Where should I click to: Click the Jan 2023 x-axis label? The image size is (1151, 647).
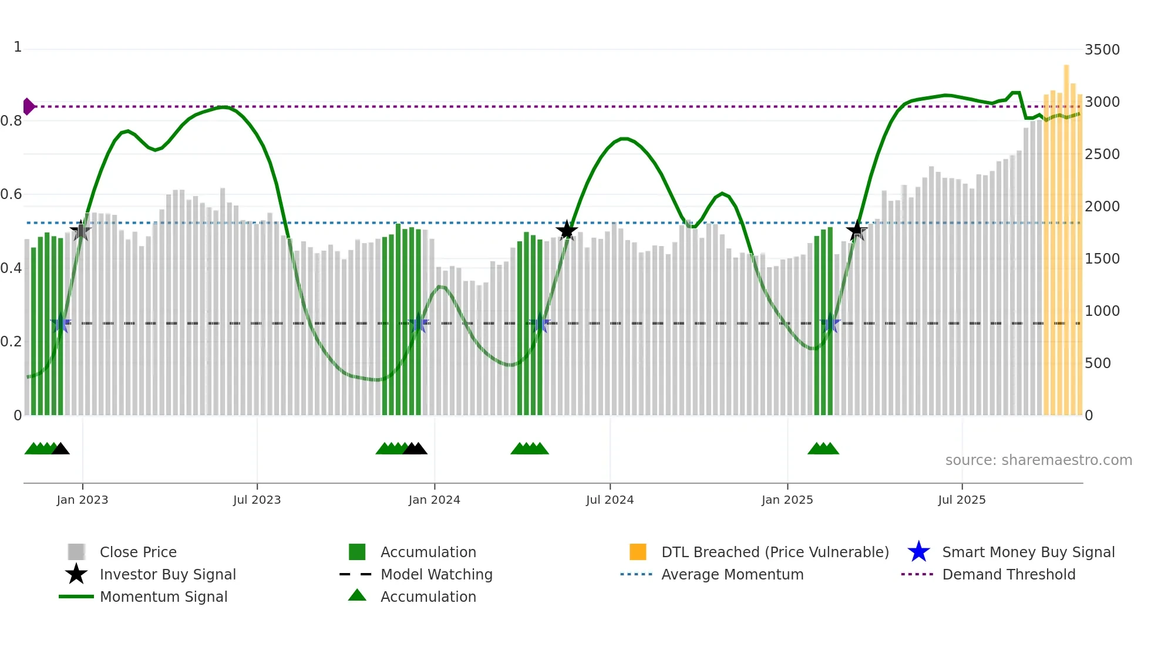click(x=82, y=500)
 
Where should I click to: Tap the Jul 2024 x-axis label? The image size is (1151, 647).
click(x=610, y=500)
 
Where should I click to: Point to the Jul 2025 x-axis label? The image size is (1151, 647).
click(x=961, y=500)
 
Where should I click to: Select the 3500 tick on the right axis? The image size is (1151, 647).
click(x=1102, y=50)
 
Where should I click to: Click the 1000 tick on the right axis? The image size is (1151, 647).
click(x=1102, y=311)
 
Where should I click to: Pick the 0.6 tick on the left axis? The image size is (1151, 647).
click(x=12, y=194)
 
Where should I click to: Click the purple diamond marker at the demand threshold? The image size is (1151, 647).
click(x=28, y=106)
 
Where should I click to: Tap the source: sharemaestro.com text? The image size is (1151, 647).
click(x=1038, y=460)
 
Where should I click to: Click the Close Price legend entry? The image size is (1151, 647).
click(x=138, y=552)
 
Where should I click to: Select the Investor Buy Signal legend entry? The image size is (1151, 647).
click(x=167, y=575)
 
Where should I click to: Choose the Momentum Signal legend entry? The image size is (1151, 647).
click(x=163, y=597)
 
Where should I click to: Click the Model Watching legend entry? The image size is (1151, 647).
click(x=436, y=575)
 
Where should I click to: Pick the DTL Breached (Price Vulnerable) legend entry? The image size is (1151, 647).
click(x=775, y=552)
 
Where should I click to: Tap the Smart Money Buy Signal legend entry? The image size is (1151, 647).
click(x=1028, y=552)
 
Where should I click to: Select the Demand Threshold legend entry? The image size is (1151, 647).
click(x=1008, y=575)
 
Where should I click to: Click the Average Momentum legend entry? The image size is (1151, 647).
click(x=732, y=575)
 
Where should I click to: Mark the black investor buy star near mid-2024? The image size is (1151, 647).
click(x=567, y=230)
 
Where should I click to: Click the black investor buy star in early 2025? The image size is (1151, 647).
click(x=856, y=230)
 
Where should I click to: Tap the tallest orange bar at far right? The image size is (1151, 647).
click(x=1066, y=235)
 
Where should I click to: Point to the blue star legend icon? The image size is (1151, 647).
click(x=918, y=552)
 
